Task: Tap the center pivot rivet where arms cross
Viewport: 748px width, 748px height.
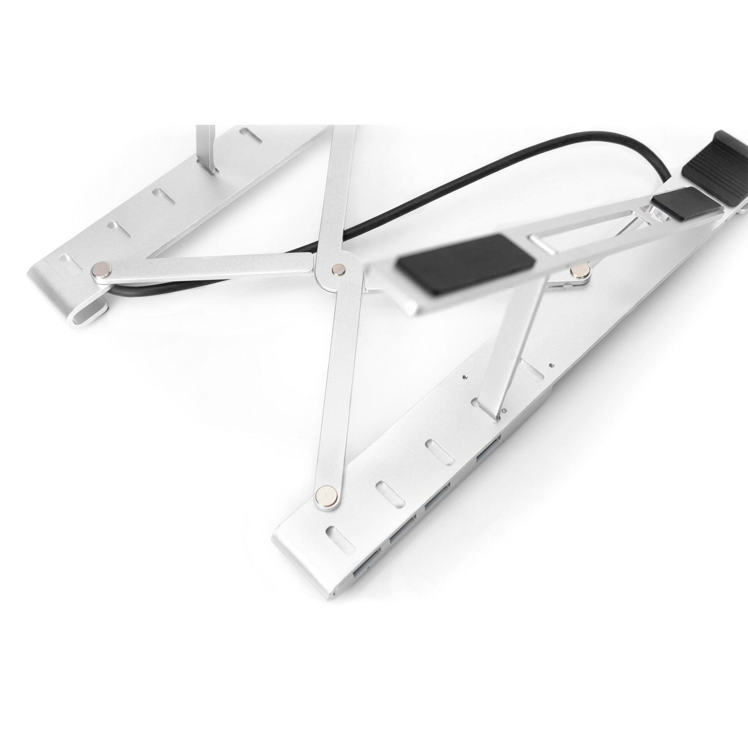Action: point(339,268)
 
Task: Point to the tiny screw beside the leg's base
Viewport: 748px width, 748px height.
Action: point(504,413)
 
